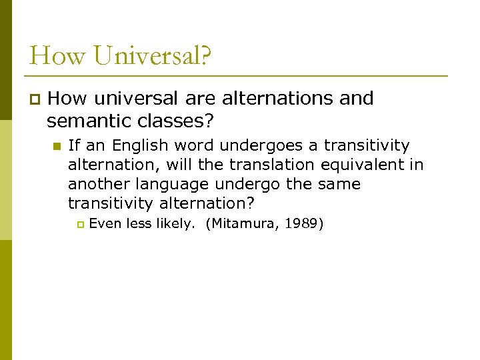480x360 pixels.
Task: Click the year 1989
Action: click(303, 223)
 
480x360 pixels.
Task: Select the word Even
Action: click(103, 223)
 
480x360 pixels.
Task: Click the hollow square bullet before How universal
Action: click(35, 99)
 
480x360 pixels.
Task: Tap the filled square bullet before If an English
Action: click(56, 146)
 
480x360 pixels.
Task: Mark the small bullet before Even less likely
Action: click(80, 224)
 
